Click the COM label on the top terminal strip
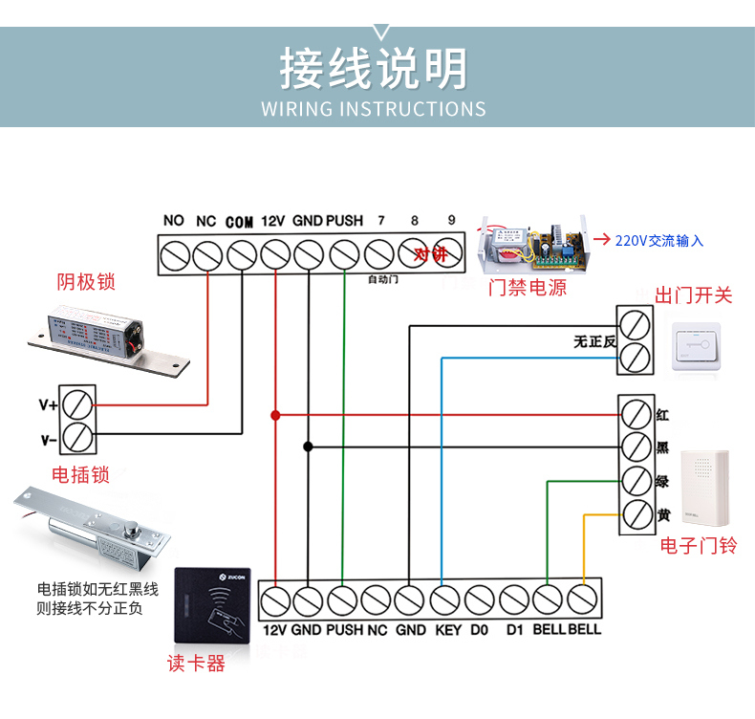240,221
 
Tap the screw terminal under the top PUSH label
344,255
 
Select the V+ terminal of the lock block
78,403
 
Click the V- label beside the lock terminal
48,439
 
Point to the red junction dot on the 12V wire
275,416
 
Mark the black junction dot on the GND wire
308,447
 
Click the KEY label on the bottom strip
447,630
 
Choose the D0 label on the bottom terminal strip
480,630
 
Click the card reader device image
214,602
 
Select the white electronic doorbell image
702,489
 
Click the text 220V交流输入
659,241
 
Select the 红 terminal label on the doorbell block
663,416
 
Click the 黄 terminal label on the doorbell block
663,515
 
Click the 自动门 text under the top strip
382,279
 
